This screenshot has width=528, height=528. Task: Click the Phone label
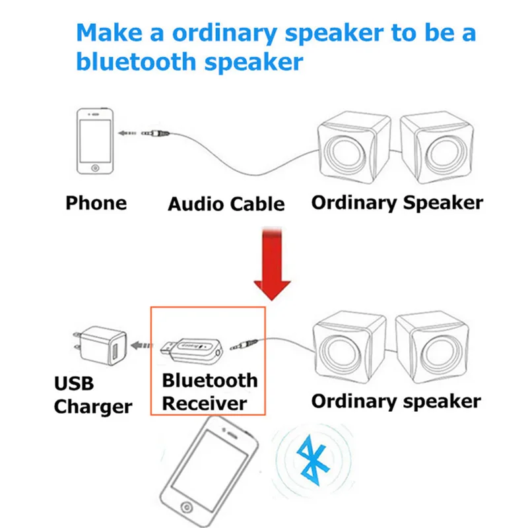tap(96, 203)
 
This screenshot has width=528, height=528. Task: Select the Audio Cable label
tap(226, 204)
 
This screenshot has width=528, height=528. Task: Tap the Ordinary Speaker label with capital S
tap(397, 202)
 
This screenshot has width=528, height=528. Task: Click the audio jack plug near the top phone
tap(158, 133)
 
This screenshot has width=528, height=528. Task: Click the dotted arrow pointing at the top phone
tap(127, 133)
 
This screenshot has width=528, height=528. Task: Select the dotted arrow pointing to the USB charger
tap(141, 345)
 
